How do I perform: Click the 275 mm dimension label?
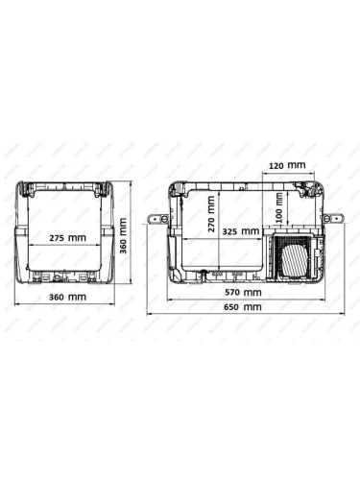click(x=67, y=238)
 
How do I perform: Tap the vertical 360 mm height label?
click(x=123, y=235)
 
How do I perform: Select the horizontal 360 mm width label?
click(x=67, y=297)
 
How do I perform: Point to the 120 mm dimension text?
click(x=287, y=165)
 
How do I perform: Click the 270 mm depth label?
click(x=211, y=214)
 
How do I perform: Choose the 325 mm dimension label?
click(x=241, y=231)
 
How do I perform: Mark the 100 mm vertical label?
click(x=279, y=207)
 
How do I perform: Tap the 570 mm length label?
click(x=243, y=292)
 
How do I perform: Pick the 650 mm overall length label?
click(x=243, y=307)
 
